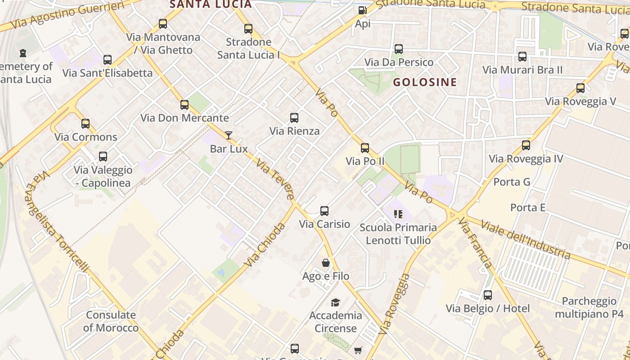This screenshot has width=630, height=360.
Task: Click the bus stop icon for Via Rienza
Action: [x=294, y=118]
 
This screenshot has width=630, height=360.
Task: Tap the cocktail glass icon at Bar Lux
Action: [x=229, y=135]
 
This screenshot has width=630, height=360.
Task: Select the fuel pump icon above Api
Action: [x=362, y=10]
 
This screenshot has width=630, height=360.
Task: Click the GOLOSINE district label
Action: [x=425, y=82]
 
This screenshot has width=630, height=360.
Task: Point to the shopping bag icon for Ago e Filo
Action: [x=326, y=263]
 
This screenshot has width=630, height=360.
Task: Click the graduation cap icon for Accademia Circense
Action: [x=335, y=302]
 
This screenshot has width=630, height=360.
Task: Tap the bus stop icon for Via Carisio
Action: [x=324, y=211]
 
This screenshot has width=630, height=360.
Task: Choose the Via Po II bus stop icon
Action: [x=365, y=148]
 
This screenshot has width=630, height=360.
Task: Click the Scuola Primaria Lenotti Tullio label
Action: [x=398, y=234]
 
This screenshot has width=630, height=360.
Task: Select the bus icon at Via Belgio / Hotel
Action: [x=488, y=295]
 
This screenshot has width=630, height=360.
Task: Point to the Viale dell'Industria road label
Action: [x=525, y=239]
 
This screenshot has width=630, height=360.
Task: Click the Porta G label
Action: [x=512, y=182]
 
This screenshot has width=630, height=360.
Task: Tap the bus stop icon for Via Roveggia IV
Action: [x=526, y=145]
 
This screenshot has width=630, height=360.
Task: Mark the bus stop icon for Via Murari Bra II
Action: [x=522, y=57]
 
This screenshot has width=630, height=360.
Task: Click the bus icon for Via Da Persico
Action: [x=399, y=49]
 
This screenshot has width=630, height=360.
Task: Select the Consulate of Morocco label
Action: [x=111, y=321]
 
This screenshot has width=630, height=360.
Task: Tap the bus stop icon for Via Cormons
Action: [x=85, y=124]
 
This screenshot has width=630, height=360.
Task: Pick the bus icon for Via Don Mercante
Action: [x=184, y=105]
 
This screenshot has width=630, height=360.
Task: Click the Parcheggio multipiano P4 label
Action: [x=589, y=307]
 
